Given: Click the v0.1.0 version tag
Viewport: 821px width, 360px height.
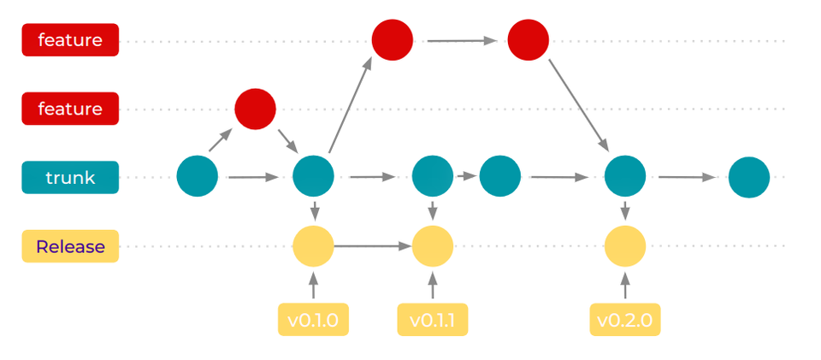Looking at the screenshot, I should coord(313,320).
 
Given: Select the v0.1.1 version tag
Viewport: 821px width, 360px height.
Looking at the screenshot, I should coord(433,320).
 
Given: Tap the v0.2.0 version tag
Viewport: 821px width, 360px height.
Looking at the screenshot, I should coord(625,320).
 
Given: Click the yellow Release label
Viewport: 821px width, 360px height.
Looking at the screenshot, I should coord(70,247).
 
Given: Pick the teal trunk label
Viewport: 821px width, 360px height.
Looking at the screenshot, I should coord(70,178).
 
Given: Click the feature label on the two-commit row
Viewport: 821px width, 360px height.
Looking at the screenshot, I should coord(70,40).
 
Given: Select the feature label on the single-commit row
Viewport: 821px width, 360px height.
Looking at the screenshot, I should coord(70,109).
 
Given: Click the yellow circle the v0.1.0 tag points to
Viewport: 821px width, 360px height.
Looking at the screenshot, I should coord(313,247).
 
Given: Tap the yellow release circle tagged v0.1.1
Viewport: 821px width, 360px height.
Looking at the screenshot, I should coord(433,247).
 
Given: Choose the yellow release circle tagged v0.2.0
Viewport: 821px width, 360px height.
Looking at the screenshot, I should coord(625,247).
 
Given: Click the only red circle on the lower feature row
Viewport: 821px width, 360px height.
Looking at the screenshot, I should coord(256,109).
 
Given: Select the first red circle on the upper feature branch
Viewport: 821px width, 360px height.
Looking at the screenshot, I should coord(393,39).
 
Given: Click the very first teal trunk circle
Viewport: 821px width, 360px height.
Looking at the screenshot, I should coord(198,177).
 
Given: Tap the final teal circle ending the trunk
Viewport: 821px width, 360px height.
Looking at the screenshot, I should coord(749,178).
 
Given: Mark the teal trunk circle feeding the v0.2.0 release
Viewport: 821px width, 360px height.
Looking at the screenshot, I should coord(625,177).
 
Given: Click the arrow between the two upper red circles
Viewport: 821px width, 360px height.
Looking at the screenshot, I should coord(462,39).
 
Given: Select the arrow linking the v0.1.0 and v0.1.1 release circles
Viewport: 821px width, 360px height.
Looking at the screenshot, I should coord(373,246).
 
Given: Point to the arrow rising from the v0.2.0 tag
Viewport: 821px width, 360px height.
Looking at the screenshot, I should coord(625,285).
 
